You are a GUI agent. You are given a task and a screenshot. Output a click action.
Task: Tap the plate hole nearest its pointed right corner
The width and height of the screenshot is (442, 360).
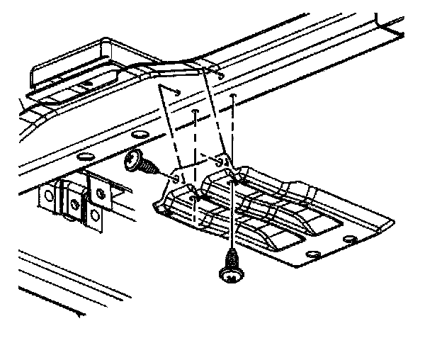coord(348,239)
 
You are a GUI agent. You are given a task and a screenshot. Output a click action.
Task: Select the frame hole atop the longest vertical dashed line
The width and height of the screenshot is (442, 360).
coord(234,94)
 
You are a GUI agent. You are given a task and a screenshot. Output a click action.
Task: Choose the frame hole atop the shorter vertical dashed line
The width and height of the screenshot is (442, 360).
coord(195,111)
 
